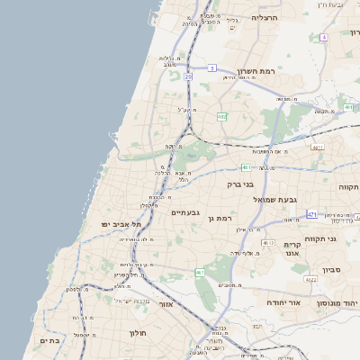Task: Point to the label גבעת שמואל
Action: (x=275, y=199)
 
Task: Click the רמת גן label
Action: (x=220, y=218)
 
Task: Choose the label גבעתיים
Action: (x=185, y=212)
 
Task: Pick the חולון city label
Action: (x=138, y=332)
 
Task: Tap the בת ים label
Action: (x=49, y=341)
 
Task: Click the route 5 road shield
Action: (x=212, y=67)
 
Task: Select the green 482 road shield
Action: (x=221, y=116)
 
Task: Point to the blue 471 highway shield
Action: (x=311, y=214)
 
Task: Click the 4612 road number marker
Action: (x=266, y=243)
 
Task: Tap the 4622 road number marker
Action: (x=311, y=280)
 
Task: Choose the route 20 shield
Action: (x=189, y=77)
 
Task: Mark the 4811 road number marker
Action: (x=316, y=147)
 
